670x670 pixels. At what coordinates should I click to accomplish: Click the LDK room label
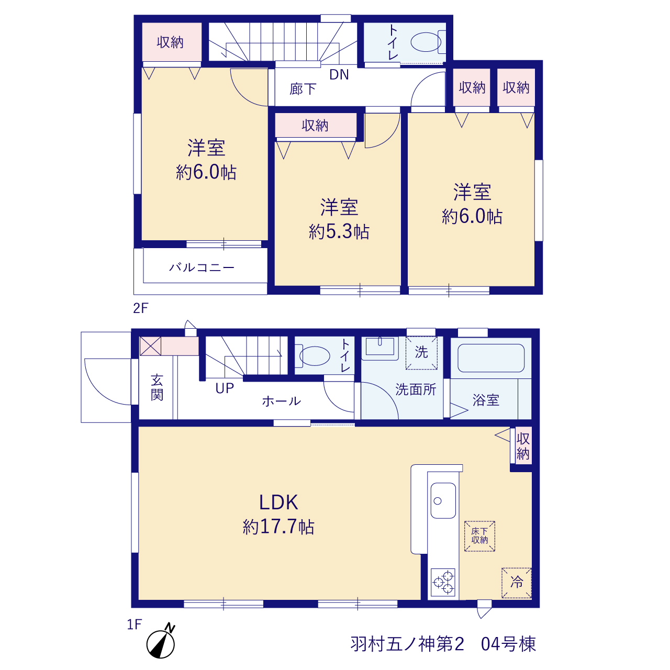coord(278,502)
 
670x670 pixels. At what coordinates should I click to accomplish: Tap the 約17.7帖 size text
coord(278,527)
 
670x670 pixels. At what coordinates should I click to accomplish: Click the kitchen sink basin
coord(443,500)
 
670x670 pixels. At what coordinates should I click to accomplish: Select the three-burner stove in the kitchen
coord(443,582)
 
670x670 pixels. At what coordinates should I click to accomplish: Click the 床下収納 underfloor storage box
coord(479,536)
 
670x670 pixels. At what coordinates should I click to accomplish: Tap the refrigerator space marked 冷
coord(516,583)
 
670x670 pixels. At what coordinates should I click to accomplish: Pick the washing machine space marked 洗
coord(421,353)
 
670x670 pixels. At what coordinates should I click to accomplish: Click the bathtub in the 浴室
coord(490,358)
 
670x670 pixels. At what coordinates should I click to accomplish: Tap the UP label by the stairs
coord(225,388)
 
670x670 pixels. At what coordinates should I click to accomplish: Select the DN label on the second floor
coord(339,75)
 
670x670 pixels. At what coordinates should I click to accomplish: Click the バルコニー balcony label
coord(202,267)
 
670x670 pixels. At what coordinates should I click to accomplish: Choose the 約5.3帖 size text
coord(339,231)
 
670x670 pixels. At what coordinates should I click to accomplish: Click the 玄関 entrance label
coord(157,388)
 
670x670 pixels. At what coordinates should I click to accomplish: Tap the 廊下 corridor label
coord(303,90)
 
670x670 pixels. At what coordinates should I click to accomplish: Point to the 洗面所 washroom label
coord(416,389)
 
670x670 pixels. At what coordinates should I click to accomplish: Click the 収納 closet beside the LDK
coord(523,446)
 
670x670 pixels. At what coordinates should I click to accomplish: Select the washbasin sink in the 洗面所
coord(379,348)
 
